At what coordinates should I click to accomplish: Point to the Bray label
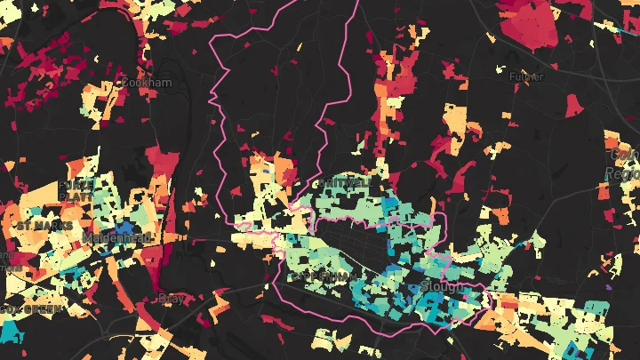click(x=169, y=299)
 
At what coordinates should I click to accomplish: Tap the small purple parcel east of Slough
click(x=609, y=287)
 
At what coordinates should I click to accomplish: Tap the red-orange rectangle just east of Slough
click(x=508, y=302)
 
